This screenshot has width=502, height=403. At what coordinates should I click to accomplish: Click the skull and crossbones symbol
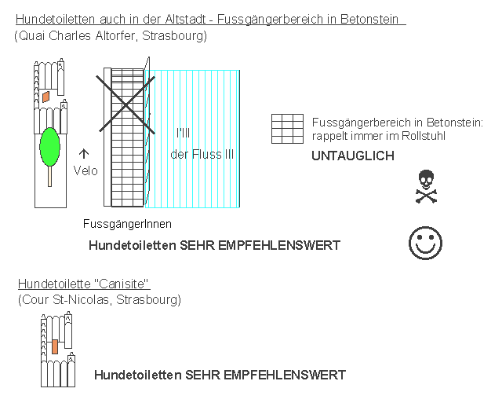point(426,187)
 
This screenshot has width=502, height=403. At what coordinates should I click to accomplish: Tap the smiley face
point(425,243)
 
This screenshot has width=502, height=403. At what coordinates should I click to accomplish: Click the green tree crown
point(49,147)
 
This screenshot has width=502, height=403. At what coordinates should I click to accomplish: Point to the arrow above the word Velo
point(84,153)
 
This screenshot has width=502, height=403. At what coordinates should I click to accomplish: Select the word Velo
point(85,170)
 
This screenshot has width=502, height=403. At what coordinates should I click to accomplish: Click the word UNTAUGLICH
point(353,156)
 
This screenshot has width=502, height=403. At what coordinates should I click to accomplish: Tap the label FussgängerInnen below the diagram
point(127,224)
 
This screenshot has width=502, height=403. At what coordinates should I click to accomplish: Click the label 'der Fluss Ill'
point(202,155)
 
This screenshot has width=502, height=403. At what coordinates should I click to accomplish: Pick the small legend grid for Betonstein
point(288,129)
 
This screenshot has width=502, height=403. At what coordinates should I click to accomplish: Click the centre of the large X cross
point(125,104)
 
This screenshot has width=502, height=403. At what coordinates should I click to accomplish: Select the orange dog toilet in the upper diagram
point(45,97)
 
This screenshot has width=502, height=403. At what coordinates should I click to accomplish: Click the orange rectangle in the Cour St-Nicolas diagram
point(55,346)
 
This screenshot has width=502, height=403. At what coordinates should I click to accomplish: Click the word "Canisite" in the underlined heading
point(122,284)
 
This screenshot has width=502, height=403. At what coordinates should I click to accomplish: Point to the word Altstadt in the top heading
point(185,19)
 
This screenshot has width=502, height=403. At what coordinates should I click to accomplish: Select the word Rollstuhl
point(424,136)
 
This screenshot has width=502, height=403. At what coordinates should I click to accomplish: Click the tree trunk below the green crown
point(49,176)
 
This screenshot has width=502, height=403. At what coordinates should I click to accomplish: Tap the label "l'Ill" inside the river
point(183,133)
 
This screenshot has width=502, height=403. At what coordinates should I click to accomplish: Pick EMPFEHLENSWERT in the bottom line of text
point(285,375)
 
